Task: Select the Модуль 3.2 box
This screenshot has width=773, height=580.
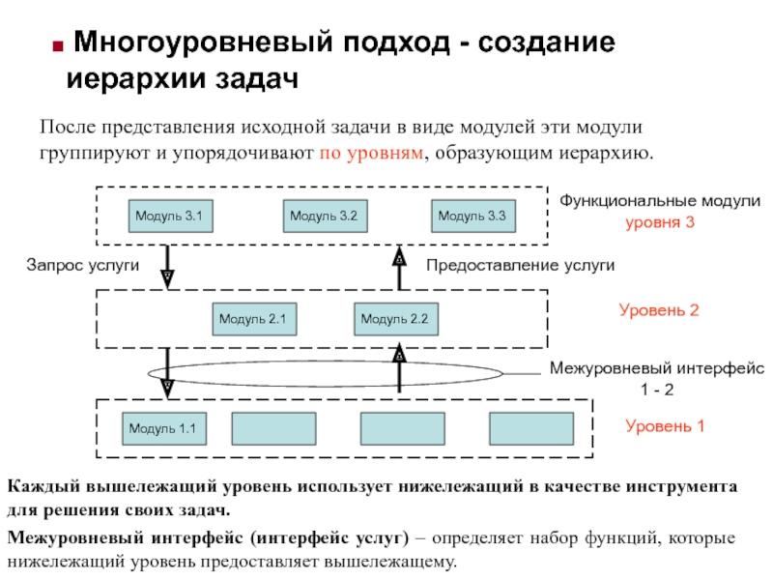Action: click(324, 217)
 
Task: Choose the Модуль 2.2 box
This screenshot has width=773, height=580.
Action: click(394, 318)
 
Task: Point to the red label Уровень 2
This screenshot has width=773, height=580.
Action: click(658, 311)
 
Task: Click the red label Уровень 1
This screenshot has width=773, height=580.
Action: click(665, 425)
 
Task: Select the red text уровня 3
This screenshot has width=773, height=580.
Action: click(659, 222)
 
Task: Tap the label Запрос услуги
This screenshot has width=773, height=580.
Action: click(83, 265)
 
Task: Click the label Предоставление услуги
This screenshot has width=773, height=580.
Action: click(520, 265)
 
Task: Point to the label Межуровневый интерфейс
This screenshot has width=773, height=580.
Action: click(657, 368)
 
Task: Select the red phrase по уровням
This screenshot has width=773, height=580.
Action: click(370, 154)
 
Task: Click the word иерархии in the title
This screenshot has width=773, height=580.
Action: click(125, 79)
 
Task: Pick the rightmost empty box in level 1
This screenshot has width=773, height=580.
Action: click(525, 428)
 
